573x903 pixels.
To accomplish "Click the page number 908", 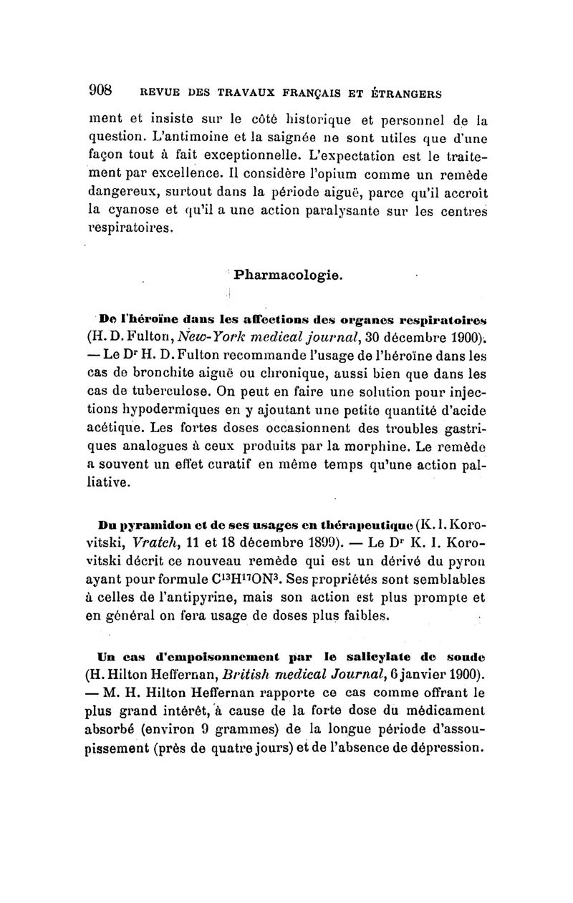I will [101, 91].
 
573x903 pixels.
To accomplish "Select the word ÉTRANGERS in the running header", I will [405, 93].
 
